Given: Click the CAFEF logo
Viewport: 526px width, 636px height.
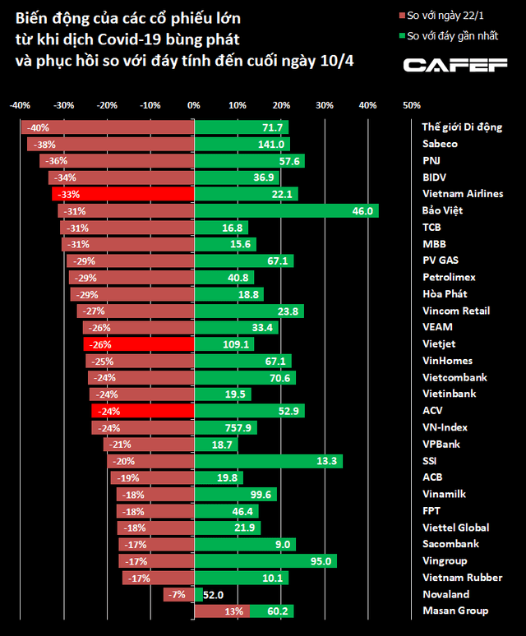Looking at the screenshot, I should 454,65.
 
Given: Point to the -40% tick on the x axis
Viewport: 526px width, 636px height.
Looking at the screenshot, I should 21,105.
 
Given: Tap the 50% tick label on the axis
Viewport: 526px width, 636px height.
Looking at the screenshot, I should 411,105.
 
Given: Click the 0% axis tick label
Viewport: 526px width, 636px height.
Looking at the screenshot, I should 194,105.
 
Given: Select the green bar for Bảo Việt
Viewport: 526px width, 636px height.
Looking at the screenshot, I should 286,211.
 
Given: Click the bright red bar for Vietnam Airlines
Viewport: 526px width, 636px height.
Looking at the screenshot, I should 123,194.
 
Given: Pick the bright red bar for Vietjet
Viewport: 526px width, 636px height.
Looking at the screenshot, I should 139,344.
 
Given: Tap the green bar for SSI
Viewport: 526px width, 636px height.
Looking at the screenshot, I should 268,461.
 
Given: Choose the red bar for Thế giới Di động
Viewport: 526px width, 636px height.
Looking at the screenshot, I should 108,127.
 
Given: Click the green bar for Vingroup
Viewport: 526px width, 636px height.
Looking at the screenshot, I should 265,561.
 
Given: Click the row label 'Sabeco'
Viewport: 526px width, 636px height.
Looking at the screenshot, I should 440,144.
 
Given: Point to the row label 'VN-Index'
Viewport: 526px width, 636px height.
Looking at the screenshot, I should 445,427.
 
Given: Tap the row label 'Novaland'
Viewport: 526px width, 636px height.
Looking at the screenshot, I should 445,594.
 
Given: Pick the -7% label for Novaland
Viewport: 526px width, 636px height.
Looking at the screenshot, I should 176,594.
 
